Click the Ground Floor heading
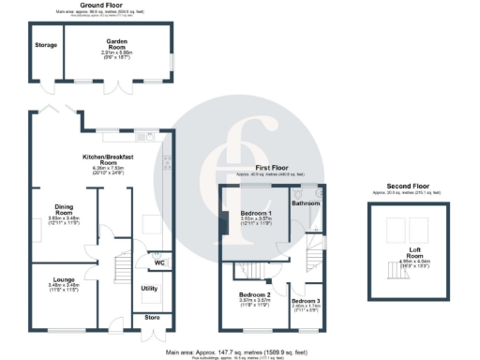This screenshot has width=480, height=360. pyautogui.click(x=105, y=5)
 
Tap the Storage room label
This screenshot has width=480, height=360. pyautogui.click(x=46, y=44)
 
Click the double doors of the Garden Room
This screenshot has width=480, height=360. pyautogui.click(x=117, y=86)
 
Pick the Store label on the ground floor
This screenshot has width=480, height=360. pyautogui.click(x=153, y=318)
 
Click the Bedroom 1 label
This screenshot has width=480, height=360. pyautogui.click(x=257, y=215)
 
